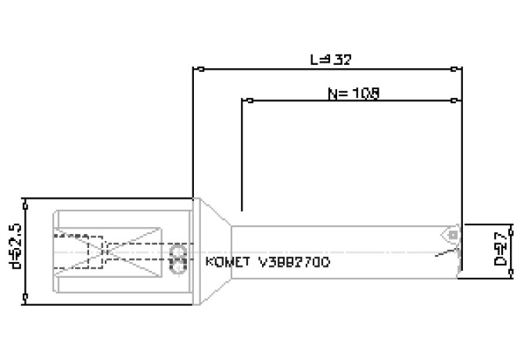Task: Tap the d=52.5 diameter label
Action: point(13,249)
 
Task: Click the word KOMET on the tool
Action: point(227,262)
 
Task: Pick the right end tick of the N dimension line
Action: point(454,100)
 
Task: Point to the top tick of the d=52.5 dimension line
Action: point(26,200)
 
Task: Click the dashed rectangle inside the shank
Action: point(78,250)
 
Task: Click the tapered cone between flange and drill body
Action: point(215,250)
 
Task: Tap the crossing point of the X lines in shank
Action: point(105,250)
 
